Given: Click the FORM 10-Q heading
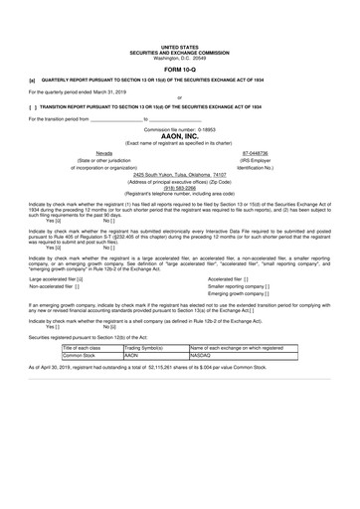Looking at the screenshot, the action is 179,68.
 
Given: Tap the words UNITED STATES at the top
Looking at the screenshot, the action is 179,47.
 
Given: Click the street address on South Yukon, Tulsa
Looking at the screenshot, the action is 179,174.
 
